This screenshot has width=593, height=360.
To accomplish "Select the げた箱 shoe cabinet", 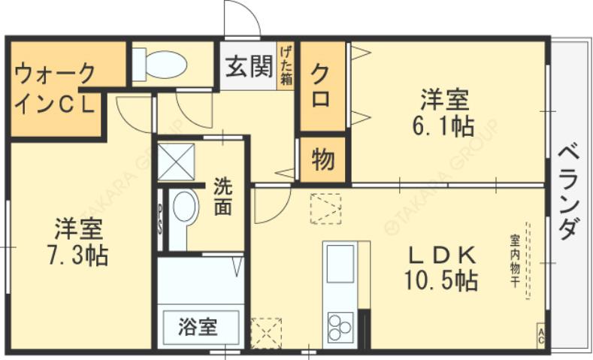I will (x=286, y=65).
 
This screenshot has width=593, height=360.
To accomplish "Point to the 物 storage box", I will (x=323, y=159).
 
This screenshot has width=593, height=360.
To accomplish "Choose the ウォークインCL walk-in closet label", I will (x=56, y=89).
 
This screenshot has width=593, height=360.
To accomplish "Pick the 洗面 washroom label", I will (x=222, y=196).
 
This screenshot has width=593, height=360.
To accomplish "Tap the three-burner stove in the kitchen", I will (x=340, y=329).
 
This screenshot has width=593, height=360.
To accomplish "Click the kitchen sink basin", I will (x=340, y=264).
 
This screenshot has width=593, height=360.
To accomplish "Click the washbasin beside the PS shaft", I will (x=183, y=208).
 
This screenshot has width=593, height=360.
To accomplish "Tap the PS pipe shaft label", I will (x=160, y=217).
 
